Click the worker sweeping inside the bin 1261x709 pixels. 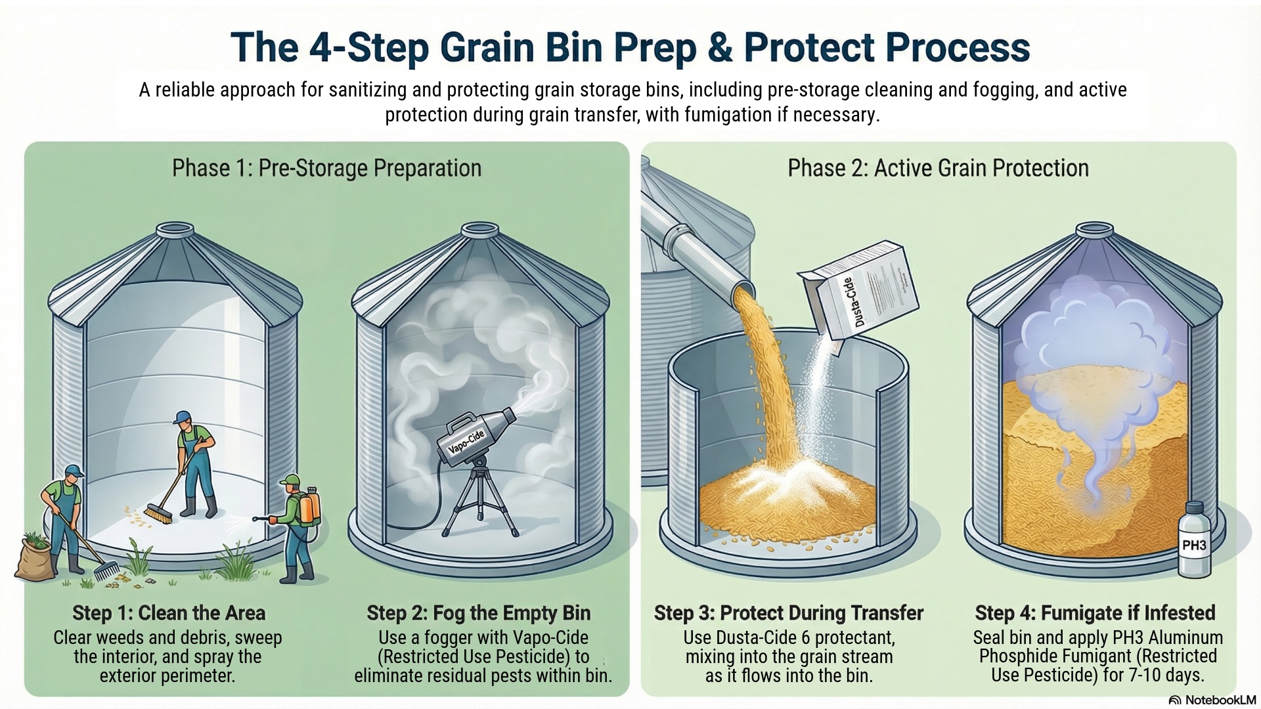(194, 463)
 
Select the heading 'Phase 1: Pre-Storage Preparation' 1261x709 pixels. (326, 168)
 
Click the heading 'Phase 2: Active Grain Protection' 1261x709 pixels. (938, 168)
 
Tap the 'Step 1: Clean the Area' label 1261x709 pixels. (169, 613)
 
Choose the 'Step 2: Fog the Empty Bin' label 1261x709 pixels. (479, 613)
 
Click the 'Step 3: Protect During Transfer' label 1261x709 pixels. (789, 613)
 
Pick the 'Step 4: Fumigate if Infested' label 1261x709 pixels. (1095, 613)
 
